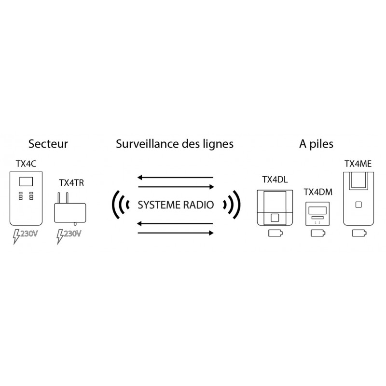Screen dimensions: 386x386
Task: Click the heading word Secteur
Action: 48,144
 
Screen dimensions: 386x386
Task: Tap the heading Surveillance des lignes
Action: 175,144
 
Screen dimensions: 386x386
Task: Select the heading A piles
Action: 316,144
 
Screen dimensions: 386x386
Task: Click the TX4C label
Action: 26,164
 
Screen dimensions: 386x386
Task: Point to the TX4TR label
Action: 71,183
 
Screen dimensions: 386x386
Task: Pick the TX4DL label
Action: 275,179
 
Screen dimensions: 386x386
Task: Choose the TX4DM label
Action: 318,192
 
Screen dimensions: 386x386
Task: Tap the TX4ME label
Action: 358,164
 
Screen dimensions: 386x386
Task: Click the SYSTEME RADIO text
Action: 176,205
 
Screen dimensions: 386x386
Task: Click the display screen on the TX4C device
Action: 26,182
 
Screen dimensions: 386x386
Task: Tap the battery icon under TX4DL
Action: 276,233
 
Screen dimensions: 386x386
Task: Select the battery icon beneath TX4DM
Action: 318,233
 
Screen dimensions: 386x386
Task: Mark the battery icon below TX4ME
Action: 359,233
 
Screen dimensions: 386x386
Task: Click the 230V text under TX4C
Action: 29,234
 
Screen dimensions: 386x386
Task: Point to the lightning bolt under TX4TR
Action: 60,236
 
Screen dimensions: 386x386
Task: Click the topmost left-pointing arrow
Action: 175,177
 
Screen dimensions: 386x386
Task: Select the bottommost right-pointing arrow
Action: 176,233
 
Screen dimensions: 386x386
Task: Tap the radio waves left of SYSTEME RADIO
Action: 120,205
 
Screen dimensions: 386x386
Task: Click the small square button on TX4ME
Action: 358,205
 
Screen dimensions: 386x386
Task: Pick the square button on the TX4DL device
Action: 275,218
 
